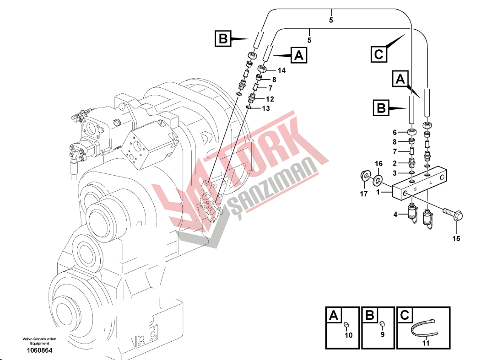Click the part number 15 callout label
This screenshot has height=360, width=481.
[456, 238]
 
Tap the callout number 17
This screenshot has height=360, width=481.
[363, 194]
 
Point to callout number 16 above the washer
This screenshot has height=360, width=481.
[378, 164]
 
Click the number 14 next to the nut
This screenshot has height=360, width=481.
[281, 70]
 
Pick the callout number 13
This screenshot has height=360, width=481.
[265, 108]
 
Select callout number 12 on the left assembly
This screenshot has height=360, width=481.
[270, 99]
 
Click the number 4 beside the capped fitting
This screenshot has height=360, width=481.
[395, 215]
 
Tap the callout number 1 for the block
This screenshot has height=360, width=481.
[378, 192]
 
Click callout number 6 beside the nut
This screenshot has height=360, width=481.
[395, 133]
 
